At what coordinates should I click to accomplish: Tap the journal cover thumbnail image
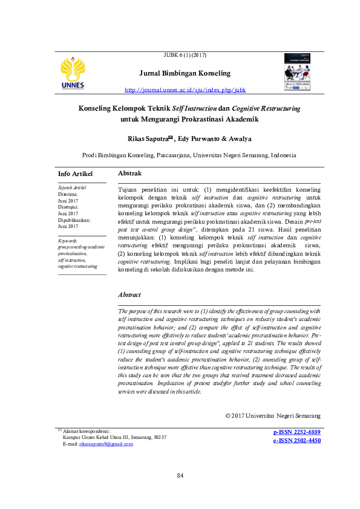pos(296,72)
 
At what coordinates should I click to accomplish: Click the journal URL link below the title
pos(185,90)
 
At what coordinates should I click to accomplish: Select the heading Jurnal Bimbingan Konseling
pos(185,73)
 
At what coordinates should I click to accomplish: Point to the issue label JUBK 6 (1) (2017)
pos(185,56)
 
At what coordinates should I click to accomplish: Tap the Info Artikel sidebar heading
pos(75,174)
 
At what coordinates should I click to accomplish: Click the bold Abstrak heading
pos(129,173)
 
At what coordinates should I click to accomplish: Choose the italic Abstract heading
pos(129,295)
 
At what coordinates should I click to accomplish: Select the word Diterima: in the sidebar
pos(68,195)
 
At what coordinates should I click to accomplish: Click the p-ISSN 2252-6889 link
pos(296,432)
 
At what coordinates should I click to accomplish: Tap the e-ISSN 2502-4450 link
pos(296,441)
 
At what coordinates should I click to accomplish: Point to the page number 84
pos(180,476)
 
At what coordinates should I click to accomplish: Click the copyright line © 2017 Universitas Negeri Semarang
pos(272,415)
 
